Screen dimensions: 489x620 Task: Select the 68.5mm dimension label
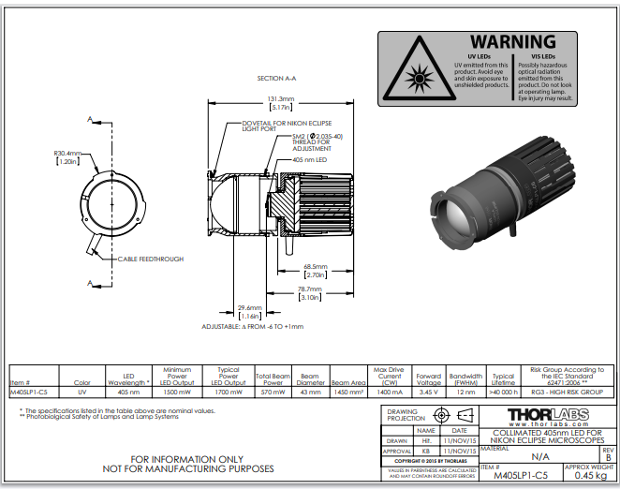pos(315,267)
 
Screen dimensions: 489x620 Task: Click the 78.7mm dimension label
pos(309,289)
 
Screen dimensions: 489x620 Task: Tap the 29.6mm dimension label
pos(249,307)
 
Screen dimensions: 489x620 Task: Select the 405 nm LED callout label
pos(310,160)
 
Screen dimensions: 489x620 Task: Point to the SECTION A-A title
pos(276,79)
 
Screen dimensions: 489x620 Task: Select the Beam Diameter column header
pos(313,382)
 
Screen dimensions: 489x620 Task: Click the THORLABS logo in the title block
pos(547,413)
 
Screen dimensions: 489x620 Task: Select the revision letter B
pos(609,456)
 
